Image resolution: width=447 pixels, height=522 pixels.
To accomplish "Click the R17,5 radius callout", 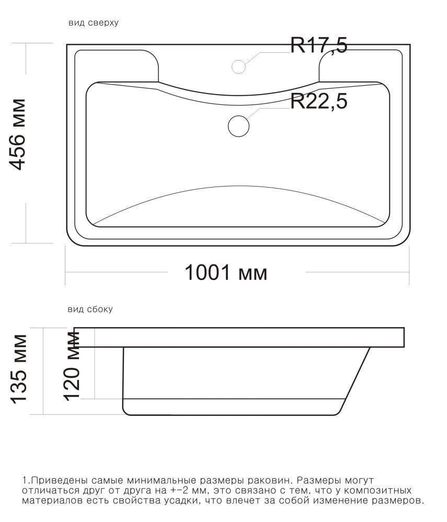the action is click(319, 45).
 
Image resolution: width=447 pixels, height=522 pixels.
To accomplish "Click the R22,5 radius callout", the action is click(319, 101).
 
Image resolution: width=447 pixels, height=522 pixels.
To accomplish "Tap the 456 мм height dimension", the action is click(17, 134).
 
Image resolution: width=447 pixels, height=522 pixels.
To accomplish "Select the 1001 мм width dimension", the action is click(226, 273).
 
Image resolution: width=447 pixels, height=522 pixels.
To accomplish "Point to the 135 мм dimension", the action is click(19, 369).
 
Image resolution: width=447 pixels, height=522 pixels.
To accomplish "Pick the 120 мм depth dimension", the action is click(72, 366).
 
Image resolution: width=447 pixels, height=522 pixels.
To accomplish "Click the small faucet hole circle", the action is click(238, 66).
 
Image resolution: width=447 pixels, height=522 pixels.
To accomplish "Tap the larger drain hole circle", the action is click(239, 126).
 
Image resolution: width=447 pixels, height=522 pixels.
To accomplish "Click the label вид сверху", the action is click(93, 22).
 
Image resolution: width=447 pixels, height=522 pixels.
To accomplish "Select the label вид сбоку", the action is click(90, 309).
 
